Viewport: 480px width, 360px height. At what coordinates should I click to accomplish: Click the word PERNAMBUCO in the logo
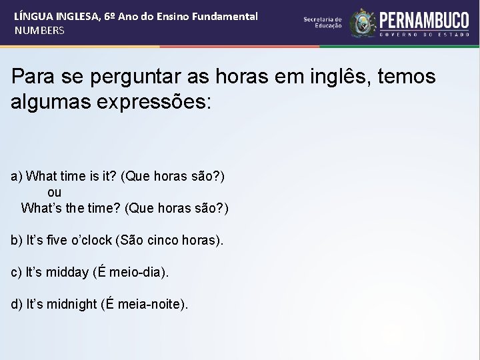tap(425, 19)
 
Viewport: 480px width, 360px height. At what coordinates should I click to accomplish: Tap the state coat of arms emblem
tap(363, 23)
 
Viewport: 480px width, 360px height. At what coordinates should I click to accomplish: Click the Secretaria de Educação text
tap(323, 23)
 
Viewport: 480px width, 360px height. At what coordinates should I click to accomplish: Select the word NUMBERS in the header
tap(39, 31)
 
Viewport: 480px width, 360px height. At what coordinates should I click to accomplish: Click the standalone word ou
tap(55, 192)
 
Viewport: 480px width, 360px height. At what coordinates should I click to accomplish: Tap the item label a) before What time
tap(17, 176)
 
